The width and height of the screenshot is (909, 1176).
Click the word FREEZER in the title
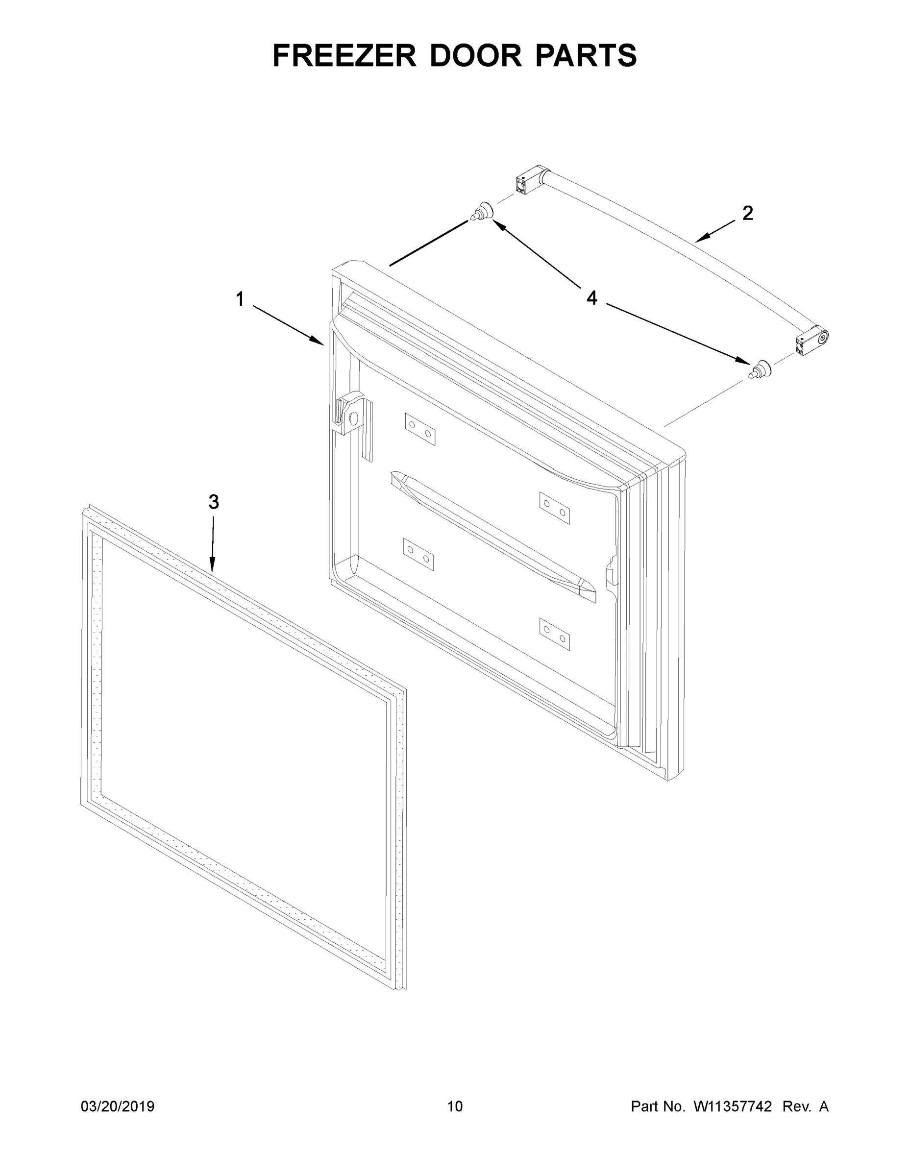[x=344, y=55]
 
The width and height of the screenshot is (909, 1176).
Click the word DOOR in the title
[x=475, y=55]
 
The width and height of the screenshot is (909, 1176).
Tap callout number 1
[x=240, y=299]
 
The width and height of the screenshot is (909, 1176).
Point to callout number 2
[x=747, y=214]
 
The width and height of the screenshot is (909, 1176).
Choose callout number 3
[x=213, y=502]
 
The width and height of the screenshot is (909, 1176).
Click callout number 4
[x=592, y=298]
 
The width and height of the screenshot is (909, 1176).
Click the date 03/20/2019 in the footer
[x=118, y=1106]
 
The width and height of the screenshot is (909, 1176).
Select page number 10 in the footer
[x=455, y=1106]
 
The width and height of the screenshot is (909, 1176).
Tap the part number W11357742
[x=733, y=1106]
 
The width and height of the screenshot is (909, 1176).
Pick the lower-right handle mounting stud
[x=759, y=369]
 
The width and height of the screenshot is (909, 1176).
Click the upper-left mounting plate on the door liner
[x=420, y=429]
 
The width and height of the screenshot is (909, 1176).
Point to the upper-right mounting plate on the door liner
[x=555, y=508]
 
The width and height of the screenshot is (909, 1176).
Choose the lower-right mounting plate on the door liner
[x=555, y=634]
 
